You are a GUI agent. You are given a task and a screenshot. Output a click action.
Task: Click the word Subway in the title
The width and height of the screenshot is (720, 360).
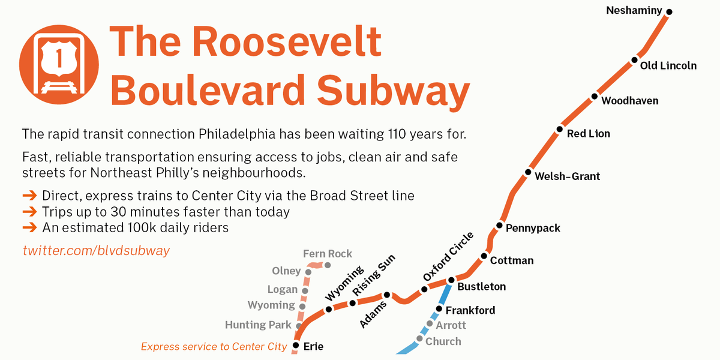(x=393, y=91)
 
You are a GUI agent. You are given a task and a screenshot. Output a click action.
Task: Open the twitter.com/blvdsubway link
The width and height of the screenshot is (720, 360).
(x=96, y=250)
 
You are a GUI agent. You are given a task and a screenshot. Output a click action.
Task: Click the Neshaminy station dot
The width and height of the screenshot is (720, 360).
(x=670, y=12)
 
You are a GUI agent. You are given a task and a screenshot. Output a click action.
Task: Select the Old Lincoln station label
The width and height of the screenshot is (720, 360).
(x=668, y=65)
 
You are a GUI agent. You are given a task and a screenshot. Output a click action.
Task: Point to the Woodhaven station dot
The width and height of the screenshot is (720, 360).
(x=595, y=96)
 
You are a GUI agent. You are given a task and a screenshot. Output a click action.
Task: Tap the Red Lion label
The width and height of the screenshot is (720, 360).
(x=589, y=134)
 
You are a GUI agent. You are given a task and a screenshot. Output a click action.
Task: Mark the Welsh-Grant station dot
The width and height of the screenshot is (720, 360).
(x=528, y=172)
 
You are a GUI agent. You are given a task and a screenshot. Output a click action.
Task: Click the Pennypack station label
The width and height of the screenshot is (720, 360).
(x=533, y=228)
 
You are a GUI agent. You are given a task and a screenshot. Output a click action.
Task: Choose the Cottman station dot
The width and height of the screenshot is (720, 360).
(x=484, y=257)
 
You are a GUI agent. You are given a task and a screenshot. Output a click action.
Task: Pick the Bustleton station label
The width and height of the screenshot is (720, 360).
(x=481, y=287)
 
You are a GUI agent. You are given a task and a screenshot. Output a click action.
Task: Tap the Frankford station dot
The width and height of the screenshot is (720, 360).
(x=439, y=310)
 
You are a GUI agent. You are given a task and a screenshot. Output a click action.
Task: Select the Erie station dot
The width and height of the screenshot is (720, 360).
(x=295, y=346)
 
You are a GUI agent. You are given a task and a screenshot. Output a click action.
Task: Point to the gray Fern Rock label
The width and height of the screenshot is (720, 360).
(x=328, y=254)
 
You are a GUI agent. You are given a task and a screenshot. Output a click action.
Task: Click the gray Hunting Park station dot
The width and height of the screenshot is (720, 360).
(x=299, y=326)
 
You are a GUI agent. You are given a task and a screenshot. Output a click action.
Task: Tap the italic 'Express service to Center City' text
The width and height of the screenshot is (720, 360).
(x=214, y=346)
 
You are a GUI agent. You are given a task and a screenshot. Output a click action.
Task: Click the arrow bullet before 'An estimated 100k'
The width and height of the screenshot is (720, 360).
(x=29, y=228)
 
